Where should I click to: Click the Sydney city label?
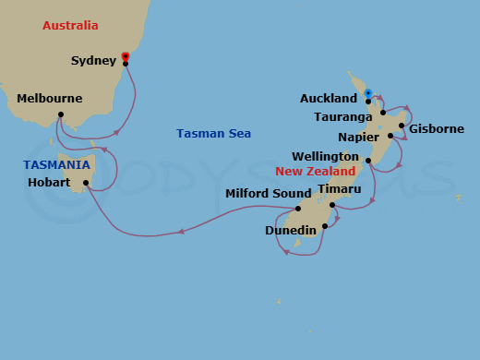click(93, 62)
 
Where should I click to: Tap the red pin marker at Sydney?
click(125, 56)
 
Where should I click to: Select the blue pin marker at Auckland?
click(367, 93)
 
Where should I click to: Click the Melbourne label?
click(50, 99)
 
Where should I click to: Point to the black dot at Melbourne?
click(61, 114)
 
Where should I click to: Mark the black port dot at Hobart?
click(86, 182)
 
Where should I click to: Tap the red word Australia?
click(70, 26)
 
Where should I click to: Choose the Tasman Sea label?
click(213, 134)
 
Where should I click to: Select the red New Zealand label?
click(316, 172)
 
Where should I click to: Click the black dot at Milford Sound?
click(297, 208)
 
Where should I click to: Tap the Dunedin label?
click(291, 230)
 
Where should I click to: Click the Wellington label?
click(326, 157)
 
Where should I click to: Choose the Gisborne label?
click(437, 128)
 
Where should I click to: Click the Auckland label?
click(329, 99)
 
